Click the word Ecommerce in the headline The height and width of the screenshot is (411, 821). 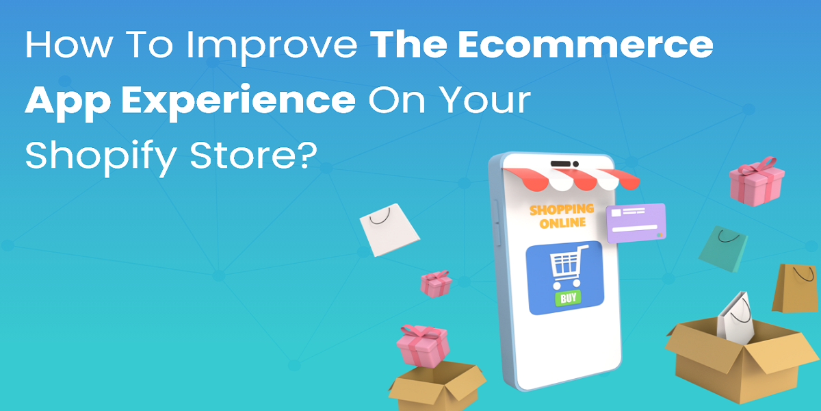[586, 45]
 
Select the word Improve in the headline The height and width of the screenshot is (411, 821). [272, 47]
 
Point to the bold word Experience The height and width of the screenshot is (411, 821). [239, 101]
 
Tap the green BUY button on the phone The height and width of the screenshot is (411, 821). [568, 298]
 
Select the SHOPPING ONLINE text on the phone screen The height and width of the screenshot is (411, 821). [562, 216]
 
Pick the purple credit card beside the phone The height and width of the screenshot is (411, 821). [636, 223]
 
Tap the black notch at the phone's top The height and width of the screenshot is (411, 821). [564, 164]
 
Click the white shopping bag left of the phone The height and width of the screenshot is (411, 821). [389, 229]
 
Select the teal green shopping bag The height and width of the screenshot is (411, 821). [722, 249]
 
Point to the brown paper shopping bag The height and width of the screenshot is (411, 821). [796, 288]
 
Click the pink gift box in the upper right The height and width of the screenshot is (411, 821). [757, 182]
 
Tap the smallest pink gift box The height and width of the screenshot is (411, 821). [436, 284]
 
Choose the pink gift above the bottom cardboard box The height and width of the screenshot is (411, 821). [423, 346]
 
